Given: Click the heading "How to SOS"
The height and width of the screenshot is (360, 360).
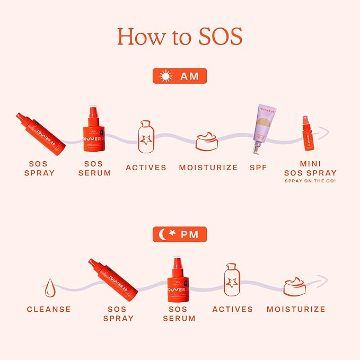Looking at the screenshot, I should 180,36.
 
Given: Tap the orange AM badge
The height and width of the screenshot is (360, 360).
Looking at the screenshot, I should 180,76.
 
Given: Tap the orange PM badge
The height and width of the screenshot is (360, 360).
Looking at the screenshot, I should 180,234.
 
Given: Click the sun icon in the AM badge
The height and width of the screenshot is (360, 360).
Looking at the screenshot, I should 166,76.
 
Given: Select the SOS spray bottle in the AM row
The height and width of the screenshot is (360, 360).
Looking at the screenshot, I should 41,134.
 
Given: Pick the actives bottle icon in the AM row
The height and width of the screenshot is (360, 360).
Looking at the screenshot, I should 146,137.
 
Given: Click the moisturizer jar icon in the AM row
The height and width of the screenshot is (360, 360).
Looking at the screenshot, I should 208,142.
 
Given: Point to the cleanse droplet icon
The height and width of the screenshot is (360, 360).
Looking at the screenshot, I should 49,288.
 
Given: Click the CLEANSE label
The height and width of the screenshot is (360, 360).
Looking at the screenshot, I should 49,309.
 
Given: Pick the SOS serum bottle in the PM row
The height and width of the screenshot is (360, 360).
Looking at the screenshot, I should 179,279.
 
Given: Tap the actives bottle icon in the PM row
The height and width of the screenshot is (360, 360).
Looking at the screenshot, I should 232,279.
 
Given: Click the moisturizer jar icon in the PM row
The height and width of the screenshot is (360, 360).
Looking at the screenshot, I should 295,286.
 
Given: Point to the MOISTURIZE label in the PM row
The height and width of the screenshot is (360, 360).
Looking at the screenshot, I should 296,309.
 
